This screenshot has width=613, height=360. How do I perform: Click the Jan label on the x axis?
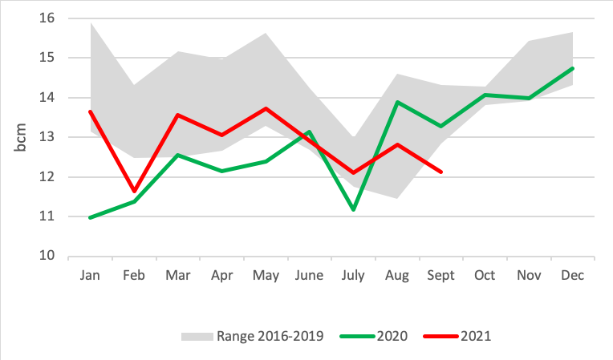click(x=90, y=275)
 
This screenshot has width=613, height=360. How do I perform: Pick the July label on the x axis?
click(x=352, y=275)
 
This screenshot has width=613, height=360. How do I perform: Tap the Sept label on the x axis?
click(x=440, y=275)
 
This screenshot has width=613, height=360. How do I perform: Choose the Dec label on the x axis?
click(x=572, y=275)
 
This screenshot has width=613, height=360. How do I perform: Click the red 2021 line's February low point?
click(x=134, y=192)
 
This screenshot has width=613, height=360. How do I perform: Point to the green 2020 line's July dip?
click(x=353, y=210)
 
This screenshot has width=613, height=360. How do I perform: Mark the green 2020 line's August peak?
click(x=397, y=102)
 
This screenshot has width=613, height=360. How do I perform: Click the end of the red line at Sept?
click(x=441, y=172)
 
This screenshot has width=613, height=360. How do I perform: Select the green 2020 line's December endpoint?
click(x=572, y=68)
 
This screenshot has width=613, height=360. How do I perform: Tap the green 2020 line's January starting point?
click(x=90, y=217)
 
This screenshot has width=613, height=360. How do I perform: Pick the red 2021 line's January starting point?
click(x=90, y=111)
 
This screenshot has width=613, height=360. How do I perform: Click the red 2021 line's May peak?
click(x=266, y=108)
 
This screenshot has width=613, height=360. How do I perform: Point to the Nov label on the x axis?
click(x=528, y=275)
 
